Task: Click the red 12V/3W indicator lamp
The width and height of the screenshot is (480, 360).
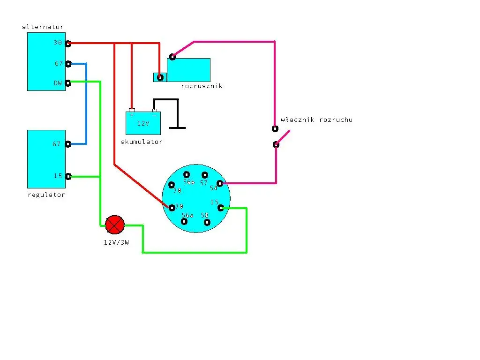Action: click(x=115, y=225)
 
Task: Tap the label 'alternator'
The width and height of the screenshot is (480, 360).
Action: click(x=43, y=27)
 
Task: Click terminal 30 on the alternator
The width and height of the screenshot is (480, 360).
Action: click(x=68, y=44)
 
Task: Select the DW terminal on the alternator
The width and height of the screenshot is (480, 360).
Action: click(x=68, y=83)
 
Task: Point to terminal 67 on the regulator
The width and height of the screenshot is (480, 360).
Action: click(x=68, y=144)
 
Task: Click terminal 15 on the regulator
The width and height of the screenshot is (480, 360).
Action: click(x=68, y=176)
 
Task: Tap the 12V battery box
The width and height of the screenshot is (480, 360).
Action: click(x=143, y=123)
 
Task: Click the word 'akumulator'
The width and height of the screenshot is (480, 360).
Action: click(x=142, y=142)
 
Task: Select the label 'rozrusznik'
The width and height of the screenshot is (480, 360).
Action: click(x=202, y=86)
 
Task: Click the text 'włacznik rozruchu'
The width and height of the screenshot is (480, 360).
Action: click(x=316, y=120)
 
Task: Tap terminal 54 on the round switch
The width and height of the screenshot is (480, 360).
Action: click(x=220, y=183)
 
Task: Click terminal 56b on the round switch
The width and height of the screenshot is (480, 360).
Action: click(x=187, y=175)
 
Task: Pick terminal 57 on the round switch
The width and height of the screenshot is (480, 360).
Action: click(x=204, y=175)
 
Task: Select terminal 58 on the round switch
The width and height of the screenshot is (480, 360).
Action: click(x=207, y=222)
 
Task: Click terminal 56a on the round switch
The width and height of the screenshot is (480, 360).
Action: click(x=184, y=221)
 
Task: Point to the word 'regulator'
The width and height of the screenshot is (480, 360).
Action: click(x=46, y=195)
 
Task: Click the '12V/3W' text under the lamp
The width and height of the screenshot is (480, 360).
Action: click(x=116, y=242)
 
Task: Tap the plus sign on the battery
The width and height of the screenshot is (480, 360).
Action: click(x=132, y=114)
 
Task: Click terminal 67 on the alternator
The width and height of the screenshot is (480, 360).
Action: click(x=68, y=64)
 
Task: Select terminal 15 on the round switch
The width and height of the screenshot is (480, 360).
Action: click(x=221, y=208)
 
